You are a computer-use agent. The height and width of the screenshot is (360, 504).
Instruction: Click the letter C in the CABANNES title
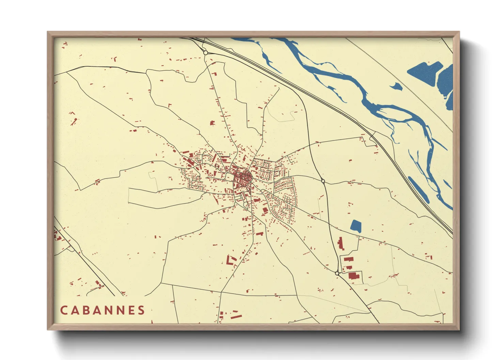click(64, 310)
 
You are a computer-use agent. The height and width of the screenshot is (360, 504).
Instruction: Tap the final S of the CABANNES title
click(141, 310)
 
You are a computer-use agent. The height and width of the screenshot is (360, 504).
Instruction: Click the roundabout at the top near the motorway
click(205, 53)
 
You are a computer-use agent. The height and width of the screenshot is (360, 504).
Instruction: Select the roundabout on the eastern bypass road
click(323, 181)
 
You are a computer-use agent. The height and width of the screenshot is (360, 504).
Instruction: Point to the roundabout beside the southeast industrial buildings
click(337, 273)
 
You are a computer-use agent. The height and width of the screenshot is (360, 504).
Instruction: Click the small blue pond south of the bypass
click(356, 226)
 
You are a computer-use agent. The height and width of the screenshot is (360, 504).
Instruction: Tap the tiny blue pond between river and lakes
click(396, 86)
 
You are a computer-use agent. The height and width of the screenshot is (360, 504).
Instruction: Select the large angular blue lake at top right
click(424, 73)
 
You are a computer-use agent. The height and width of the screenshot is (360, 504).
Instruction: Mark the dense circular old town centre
click(242, 178)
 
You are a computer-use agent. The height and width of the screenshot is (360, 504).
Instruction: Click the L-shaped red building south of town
click(231, 260)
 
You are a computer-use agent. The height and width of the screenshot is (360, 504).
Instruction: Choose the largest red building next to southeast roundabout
click(354, 276)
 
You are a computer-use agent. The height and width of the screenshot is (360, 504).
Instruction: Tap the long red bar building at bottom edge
click(236, 316)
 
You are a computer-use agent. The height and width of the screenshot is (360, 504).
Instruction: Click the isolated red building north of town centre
click(212, 123)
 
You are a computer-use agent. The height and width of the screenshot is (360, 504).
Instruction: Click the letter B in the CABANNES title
click(87, 310)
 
